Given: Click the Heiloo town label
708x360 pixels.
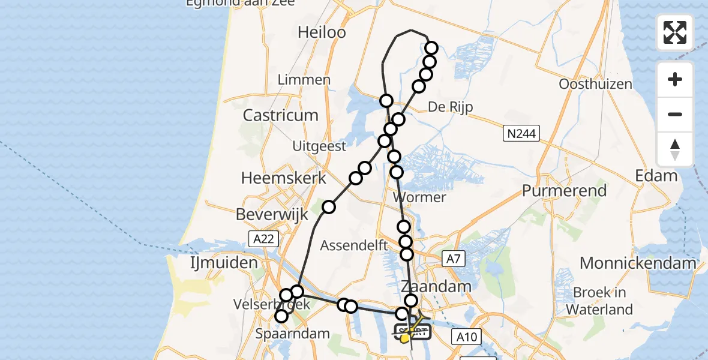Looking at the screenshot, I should (x=322, y=32).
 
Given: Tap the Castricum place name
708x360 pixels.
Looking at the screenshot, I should (x=281, y=115).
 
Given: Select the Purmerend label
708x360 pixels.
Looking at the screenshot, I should (x=564, y=191).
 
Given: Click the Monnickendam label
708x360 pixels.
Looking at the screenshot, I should (x=638, y=263).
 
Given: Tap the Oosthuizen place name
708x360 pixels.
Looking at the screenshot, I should (x=595, y=84).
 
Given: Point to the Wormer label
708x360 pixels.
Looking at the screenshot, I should (x=419, y=197).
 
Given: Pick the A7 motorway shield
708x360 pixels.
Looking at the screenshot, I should (x=453, y=259).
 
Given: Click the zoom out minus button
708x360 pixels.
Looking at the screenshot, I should (x=675, y=115).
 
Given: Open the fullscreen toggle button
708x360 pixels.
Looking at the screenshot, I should (x=675, y=32).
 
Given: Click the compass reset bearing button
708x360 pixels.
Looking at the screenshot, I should (x=675, y=149).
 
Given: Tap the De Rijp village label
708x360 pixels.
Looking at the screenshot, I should (x=451, y=107).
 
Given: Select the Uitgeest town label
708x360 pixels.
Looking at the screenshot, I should (x=319, y=146).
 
